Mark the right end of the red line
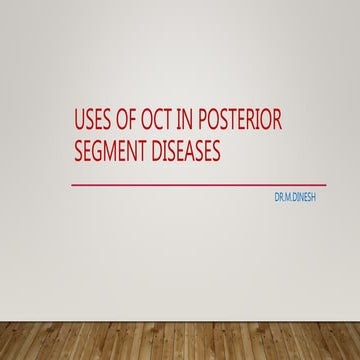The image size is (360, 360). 325,185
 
